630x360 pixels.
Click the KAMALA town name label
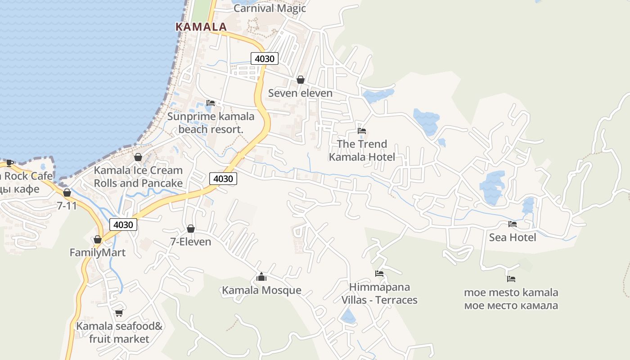pyautogui.click(x=201, y=27)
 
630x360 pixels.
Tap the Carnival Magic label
pyautogui.click(x=270, y=8)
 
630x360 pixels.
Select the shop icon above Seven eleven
pyautogui.click(x=300, y=80)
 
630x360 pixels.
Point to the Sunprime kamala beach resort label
pyautogui.click(x=211, y=123)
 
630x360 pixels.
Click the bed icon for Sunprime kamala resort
pyautogui.click(x=210, y=103)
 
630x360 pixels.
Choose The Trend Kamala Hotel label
pyautogui.click(x=362, y=150)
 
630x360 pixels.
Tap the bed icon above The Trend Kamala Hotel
pyautogui.click(x=361, y=131)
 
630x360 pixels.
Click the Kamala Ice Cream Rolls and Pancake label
pyautogui.click(x=138, y=177)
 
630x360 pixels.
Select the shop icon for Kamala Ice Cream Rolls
pyautogui.click(x=138, y=157)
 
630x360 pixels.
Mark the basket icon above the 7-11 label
pyautogui.click(x=67, y=193)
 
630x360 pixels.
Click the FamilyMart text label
pyautogui.click(x=98, y=253)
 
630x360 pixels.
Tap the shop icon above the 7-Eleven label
pyautogui.click(x=191, y=229)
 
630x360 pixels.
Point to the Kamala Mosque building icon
pyautogui.click(x=261, y=277)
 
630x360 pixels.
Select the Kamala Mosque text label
pyautogui.click(x=261, y=290)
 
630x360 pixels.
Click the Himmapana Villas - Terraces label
pyautogui.click(x=379, y=293)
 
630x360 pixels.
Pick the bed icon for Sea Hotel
pyautogui.click(x=512, y=224)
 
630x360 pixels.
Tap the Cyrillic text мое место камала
pyautogui.click(x=511, y=306)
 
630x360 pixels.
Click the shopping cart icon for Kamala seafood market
pyautogui.click(x=119, y=313)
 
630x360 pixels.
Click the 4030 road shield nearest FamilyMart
pyautogui.click(x=123, y=225)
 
